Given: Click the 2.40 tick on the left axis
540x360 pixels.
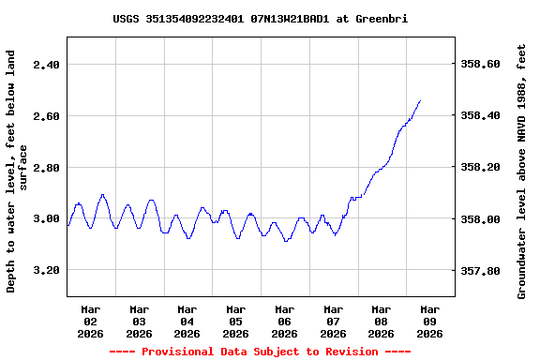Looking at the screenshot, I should point(46,65).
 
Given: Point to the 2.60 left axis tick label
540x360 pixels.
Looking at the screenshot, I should point(46,116).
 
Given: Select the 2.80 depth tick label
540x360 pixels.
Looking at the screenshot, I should point(46,168).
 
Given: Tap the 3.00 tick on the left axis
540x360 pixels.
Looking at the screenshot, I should point(46,219).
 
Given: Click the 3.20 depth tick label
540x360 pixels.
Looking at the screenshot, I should point(46,270).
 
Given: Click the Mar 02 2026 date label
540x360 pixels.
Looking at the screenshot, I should point(91,321).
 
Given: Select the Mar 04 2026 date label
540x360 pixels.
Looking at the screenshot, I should point(187,321).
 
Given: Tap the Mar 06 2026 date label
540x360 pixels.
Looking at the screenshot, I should point(284,321).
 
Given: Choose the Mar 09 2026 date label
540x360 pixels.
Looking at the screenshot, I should point(429,321).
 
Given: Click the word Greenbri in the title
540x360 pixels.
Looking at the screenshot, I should point(382,19).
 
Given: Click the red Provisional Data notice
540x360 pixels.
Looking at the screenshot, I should point(260,352).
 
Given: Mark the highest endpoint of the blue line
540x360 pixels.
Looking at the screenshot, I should point(420,100).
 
